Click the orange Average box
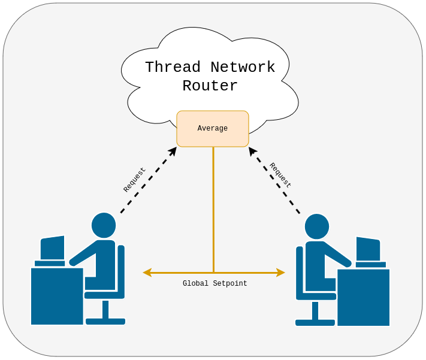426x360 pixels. click(212, 129)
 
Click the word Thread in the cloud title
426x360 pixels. click(173, 67)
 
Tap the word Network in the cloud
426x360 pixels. click(243, 67)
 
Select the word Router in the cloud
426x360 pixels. click(210, 86)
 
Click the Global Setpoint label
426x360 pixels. click(214, 284)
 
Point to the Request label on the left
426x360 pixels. click(134, 180)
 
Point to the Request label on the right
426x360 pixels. click(280, 175)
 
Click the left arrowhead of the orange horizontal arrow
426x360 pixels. click(147, 273)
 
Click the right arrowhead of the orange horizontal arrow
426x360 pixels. click(280, 273)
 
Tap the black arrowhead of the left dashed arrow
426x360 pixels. click(173, 152)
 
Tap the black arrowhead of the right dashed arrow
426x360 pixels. click(253, 151)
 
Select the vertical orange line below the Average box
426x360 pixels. click(213, 210)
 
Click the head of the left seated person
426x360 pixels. click(104, 225)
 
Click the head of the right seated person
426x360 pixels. click(317, 226)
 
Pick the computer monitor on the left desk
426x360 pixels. click(52, 248)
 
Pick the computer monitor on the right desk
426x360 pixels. click(368, 249)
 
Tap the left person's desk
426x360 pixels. click(57, 297)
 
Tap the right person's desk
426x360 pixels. click(363, 298)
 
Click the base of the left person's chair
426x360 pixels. click(105, 321)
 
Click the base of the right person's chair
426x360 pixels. click(315, 322)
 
